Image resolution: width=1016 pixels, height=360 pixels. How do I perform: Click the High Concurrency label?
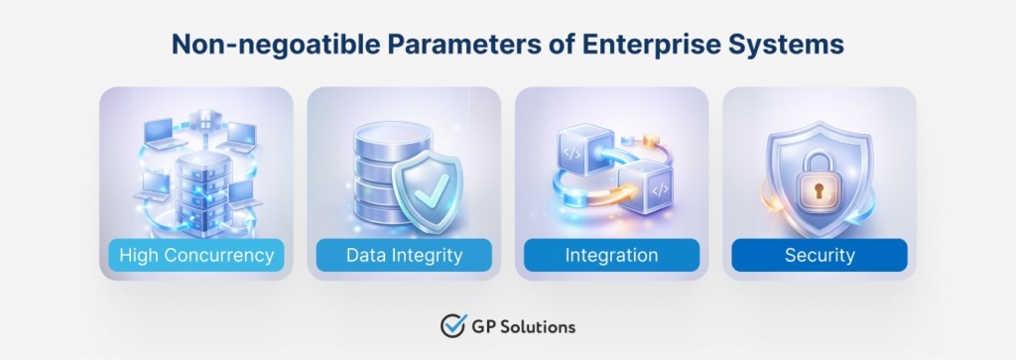click(x=196, y=255)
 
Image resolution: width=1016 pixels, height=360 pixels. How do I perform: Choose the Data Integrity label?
click(x=404, y=255)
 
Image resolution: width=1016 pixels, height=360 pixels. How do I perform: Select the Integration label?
click(x=611, y=255)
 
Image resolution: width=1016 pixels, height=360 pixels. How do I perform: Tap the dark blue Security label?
click(x=820, y=255)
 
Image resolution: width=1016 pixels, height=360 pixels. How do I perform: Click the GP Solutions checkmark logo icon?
click(x=453, y=326)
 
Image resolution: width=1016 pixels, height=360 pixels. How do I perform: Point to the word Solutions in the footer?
click(x=540, y=326)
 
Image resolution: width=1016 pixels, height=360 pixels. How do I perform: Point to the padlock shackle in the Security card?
click(x=819, y=159)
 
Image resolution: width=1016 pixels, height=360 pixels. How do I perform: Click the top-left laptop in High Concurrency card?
click(x=160, y=129)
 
